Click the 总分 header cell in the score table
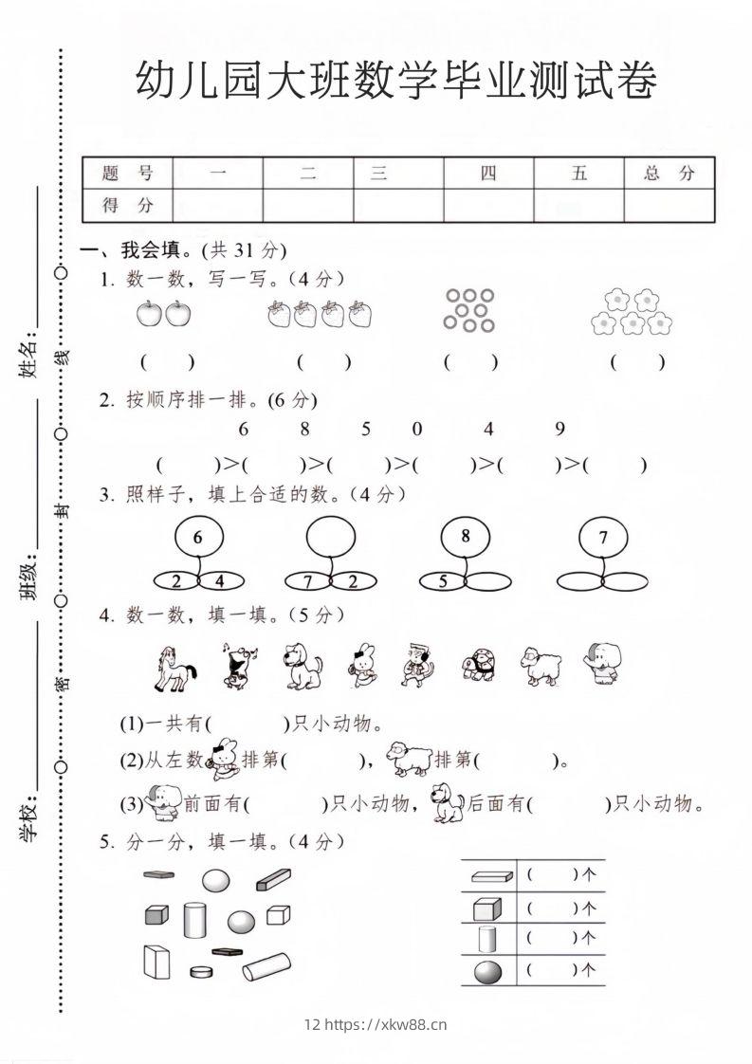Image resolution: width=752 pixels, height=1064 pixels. point(669,173)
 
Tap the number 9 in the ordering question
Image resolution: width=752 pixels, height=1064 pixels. point(559,429)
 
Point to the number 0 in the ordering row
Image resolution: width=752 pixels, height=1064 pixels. point(417,429)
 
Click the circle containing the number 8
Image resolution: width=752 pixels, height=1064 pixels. point(465,537)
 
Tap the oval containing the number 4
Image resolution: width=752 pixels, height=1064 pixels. point(221,580)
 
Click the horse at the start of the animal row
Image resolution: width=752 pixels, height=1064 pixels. point(174,667)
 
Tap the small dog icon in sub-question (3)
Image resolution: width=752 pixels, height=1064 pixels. point(446,803)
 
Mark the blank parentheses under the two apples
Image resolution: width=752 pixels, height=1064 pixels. point(167,361)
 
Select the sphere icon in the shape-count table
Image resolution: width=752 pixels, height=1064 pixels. point(486,970)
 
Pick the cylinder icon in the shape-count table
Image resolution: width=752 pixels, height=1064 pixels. point(486,939)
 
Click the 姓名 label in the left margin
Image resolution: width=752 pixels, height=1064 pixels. point(28,354)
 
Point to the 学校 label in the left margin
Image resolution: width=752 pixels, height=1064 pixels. point(28,817)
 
